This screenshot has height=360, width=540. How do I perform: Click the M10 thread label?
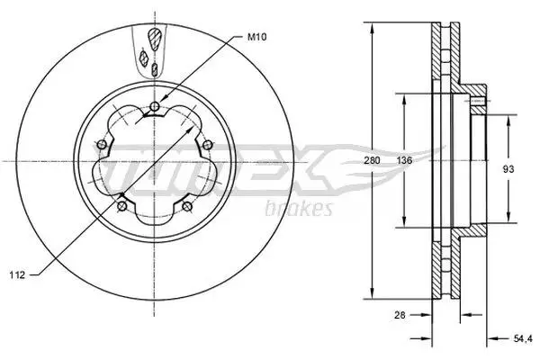256,37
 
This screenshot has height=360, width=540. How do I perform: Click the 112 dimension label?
17,274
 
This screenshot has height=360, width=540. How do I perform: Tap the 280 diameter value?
373,160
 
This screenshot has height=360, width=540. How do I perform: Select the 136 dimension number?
404,160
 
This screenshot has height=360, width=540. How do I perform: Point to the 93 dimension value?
508,169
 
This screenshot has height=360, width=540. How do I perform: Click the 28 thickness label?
400,314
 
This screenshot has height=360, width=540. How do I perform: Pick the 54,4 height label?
523,338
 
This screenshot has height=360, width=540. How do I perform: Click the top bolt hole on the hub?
155,106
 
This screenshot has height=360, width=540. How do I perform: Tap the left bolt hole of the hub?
102,144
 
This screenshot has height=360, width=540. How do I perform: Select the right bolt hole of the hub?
207,145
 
